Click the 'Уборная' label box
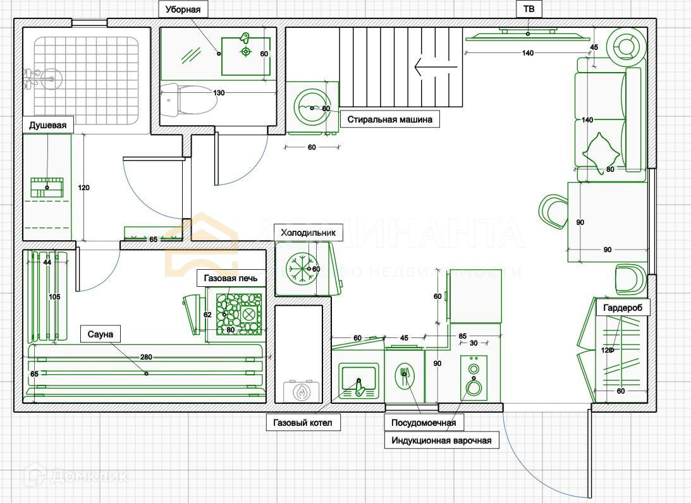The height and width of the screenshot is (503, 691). point(183,9)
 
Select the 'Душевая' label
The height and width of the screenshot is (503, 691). point(47,125)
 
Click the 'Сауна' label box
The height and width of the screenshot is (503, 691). point(101,334)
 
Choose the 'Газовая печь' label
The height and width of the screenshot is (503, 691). point(231,278)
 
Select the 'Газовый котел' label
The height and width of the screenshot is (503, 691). point(303,422)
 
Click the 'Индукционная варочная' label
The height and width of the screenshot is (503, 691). point(441,440)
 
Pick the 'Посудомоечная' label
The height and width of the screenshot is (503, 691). point(424,423)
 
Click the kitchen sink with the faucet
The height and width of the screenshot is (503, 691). point(358,380)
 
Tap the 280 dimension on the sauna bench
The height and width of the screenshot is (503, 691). point(146,358)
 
